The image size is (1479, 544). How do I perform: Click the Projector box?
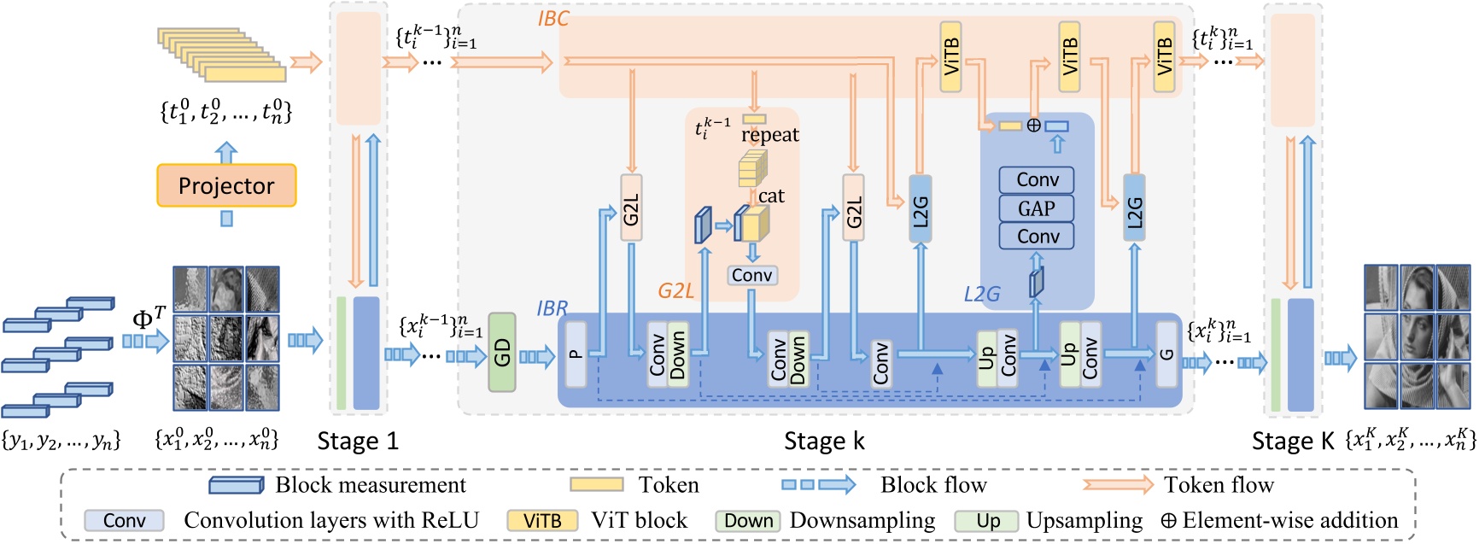[x=226, y=185]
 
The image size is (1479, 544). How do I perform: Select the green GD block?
[x=502, y=353]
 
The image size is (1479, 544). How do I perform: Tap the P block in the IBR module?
[x=576, y=354]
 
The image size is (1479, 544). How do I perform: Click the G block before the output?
[x=1166, y=354]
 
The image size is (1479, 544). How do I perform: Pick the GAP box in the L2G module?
[x=1036, y=208]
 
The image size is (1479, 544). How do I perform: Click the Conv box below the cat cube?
[x=751, y=275]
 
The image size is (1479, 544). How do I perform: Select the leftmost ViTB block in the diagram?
[x=950, y=57]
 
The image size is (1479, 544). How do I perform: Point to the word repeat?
[x=770, y=134]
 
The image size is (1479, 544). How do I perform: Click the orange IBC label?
[x=552, y=19]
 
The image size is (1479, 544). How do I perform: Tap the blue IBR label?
[x=552, y=308]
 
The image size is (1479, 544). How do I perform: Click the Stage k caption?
[x=824, y=441]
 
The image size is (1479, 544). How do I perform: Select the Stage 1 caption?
[x=358, y=441]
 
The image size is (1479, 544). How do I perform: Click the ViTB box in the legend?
[x=542, y=521]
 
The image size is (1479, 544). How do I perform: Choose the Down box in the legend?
[x=748, y=521]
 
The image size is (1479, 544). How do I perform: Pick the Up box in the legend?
[x=987, y=521]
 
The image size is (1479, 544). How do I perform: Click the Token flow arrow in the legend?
[x=1117, y=485]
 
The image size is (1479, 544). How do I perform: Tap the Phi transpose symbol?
[x=149, y=319]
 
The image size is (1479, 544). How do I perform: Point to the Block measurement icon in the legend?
[x=237, y=485]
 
